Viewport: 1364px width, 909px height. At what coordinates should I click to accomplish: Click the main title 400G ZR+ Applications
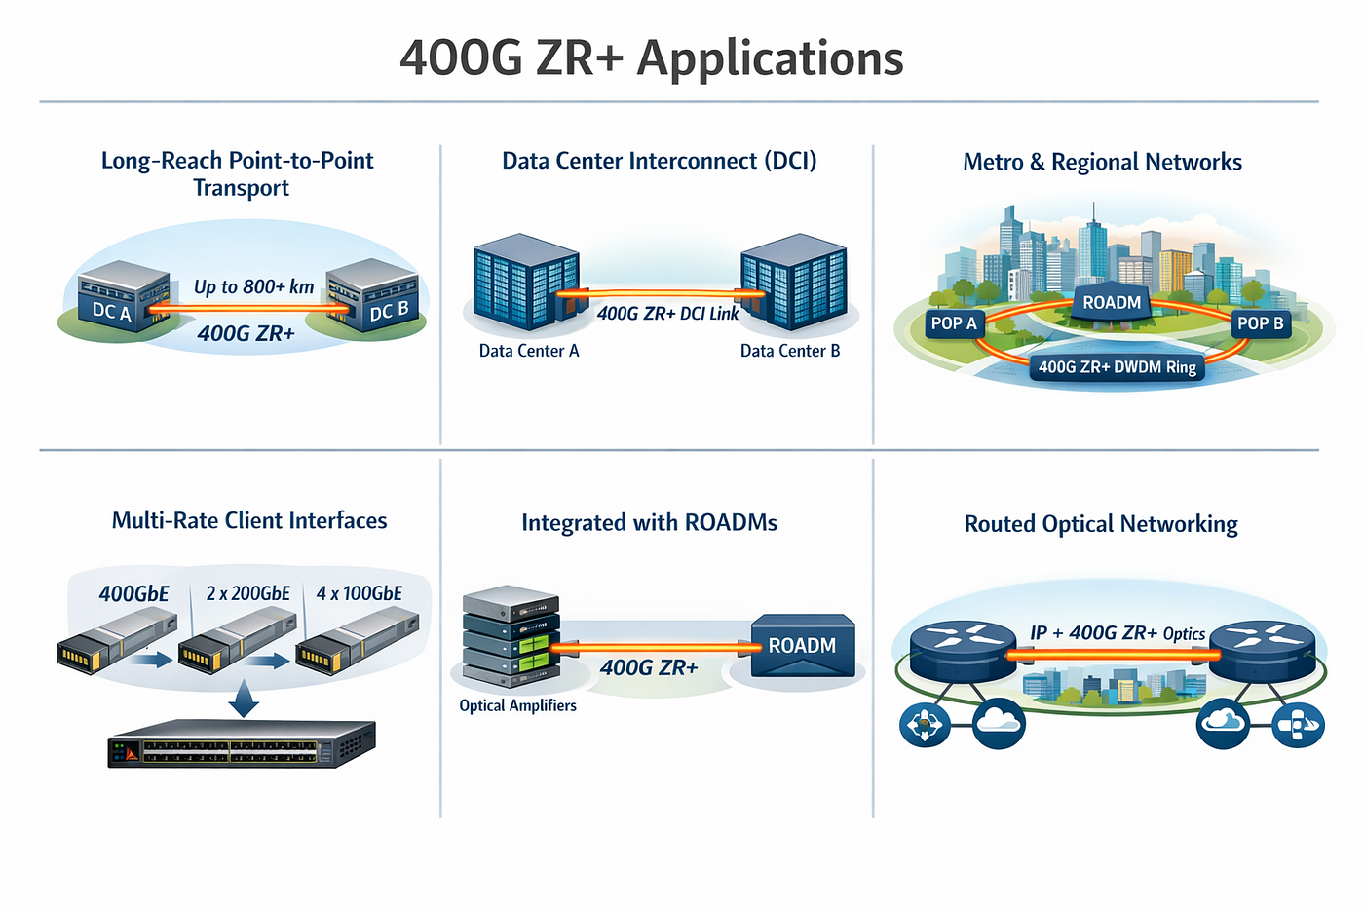(x=652, y=59)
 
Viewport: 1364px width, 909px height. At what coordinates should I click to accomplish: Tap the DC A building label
(x=111, y=311)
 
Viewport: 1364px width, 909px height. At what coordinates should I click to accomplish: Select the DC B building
(x=372, y=295)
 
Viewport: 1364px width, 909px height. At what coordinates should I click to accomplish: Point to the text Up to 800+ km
(x=254, y=286)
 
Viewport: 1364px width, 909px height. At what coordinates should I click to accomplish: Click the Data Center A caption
(x=529, y=351)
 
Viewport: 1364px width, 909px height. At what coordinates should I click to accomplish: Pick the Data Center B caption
(x=790, y=351)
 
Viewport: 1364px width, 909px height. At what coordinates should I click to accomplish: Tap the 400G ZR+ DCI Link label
(x=668, y=314)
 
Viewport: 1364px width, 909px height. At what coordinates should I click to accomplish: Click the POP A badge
(x=954, y=323)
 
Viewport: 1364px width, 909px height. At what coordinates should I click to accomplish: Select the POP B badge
(x=1261, y=323)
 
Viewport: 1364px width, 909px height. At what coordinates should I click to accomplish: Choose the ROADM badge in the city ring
(x=1112, y=301)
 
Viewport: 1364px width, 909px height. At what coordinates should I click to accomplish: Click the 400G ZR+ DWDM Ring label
(x=1118, y=367)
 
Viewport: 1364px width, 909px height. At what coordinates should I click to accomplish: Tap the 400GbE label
(x=134, y=593)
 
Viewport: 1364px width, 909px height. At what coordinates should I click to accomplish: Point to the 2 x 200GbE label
(x=248, y=593)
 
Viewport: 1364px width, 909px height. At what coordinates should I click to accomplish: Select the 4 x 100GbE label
(x=360, y=593)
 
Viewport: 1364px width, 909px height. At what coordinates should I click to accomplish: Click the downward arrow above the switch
(x=244, y=699)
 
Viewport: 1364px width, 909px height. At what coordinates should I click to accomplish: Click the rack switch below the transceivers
(x=242, y=743)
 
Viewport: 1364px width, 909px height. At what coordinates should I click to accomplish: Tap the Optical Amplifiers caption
(x=517, y=705)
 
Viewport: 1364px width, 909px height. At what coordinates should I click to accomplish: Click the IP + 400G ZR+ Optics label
(x=1118, y=633)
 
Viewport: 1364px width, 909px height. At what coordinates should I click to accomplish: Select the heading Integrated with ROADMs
(x=649, y=523)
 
